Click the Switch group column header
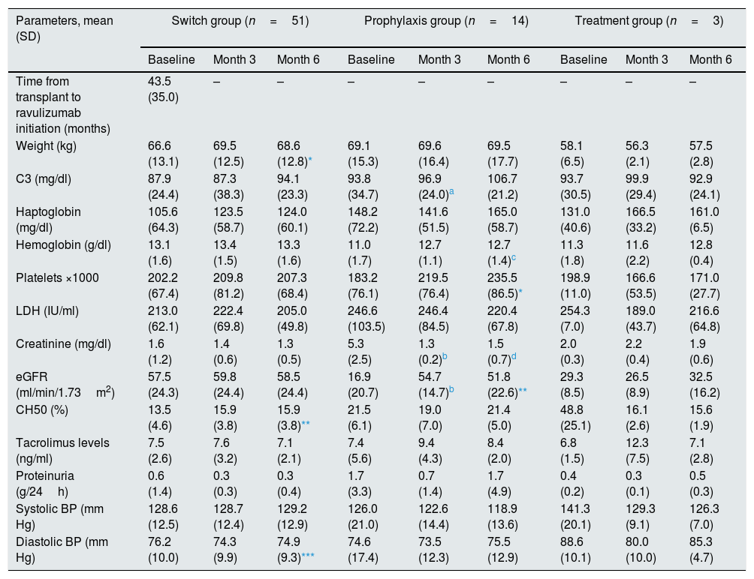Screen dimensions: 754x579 click(240, 21)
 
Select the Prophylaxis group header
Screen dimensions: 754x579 click(446, 21)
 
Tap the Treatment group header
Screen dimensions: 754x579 click(649, 21)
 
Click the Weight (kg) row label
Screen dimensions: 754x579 click(46, 146)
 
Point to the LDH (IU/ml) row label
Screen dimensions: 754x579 click(47, 311)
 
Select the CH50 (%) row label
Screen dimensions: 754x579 click(42, 410)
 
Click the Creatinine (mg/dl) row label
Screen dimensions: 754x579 click(64, 344)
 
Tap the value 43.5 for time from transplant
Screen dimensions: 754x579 click(159, 81)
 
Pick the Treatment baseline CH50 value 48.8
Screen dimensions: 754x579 click(572, 409)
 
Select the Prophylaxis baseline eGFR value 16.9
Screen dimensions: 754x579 click(359, 377)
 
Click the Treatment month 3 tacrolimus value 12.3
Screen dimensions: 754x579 click(637, 442)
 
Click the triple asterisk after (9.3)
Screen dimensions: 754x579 click(308, 556)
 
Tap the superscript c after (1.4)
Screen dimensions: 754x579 click(514, 257)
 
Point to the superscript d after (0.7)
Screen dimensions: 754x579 click(514, 356)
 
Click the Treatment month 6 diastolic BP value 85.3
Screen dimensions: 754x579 click(701, 542)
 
